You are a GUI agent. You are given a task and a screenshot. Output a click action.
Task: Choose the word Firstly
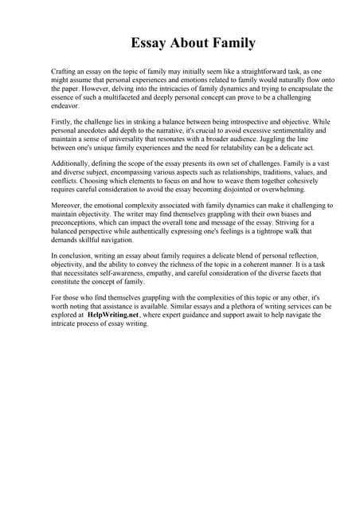(x=61, y=121)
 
